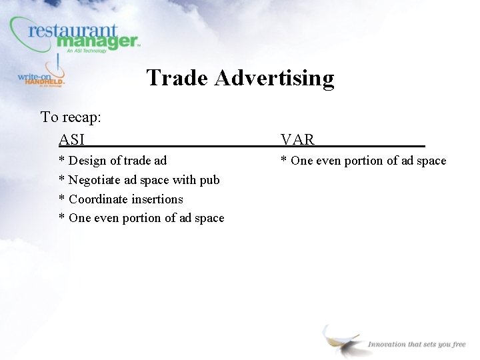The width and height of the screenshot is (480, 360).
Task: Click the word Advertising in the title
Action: click(x=275, y=78)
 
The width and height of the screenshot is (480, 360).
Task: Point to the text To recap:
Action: click(x=71, y=117)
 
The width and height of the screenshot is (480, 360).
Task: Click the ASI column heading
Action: click(x=72, y=139)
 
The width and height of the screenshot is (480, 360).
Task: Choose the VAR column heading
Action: click(x=297, y=139)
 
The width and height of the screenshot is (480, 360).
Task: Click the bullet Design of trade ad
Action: click(x=113, y=161)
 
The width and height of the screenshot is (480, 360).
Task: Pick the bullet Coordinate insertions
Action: click(x=121, y=199)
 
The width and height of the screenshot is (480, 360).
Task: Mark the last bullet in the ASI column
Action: click(x=141, y=218)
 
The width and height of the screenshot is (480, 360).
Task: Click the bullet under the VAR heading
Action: click(x=363, y=161)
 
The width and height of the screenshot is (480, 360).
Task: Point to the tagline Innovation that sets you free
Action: click(x=417, y=344)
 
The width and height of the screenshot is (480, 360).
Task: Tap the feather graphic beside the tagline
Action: click(x=340, y=338)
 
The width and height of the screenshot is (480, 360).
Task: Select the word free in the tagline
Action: click(x=459, y=344)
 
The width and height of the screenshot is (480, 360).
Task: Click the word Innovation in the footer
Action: click(x=387, y=344)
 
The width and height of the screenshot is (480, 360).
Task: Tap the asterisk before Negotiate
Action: click(x=62, y=180)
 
